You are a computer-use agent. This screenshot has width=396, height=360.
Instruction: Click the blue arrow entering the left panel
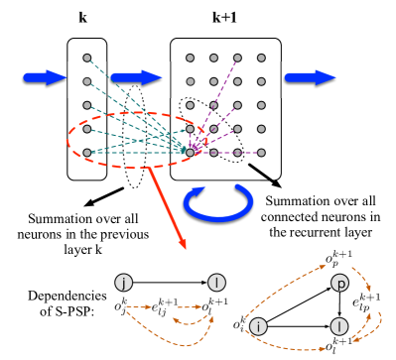coord(44,78)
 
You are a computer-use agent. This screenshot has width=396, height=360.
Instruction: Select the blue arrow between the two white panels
coord(136,78)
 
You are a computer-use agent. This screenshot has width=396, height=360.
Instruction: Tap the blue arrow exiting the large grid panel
coord(310,78)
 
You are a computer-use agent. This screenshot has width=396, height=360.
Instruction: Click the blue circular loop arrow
coord(217,202)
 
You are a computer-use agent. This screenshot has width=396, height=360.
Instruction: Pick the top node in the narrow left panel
coord(87,59)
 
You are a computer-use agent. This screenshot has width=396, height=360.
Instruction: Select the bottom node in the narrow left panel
coord(87,153)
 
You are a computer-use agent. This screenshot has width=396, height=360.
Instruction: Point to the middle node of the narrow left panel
coord(87,105)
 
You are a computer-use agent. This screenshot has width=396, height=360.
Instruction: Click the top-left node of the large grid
coord(190,59)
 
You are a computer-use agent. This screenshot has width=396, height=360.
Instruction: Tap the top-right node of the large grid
coord(261,59)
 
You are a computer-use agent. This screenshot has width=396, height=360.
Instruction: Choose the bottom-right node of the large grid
coord(261,153)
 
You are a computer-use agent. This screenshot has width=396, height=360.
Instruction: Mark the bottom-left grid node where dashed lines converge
coord(190,153)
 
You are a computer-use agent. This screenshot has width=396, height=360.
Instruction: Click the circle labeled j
coord(123,283)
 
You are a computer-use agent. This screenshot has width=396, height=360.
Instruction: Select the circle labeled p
coord(339,284)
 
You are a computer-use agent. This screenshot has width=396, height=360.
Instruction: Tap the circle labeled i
coord(258,326)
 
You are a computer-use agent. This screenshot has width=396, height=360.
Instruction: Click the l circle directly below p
coord(339,326)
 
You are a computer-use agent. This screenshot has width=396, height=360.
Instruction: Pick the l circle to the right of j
coord(216,283)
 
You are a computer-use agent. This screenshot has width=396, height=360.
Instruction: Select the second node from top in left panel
coord(87,81)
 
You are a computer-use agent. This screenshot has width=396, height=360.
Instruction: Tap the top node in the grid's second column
coord(213,59)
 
